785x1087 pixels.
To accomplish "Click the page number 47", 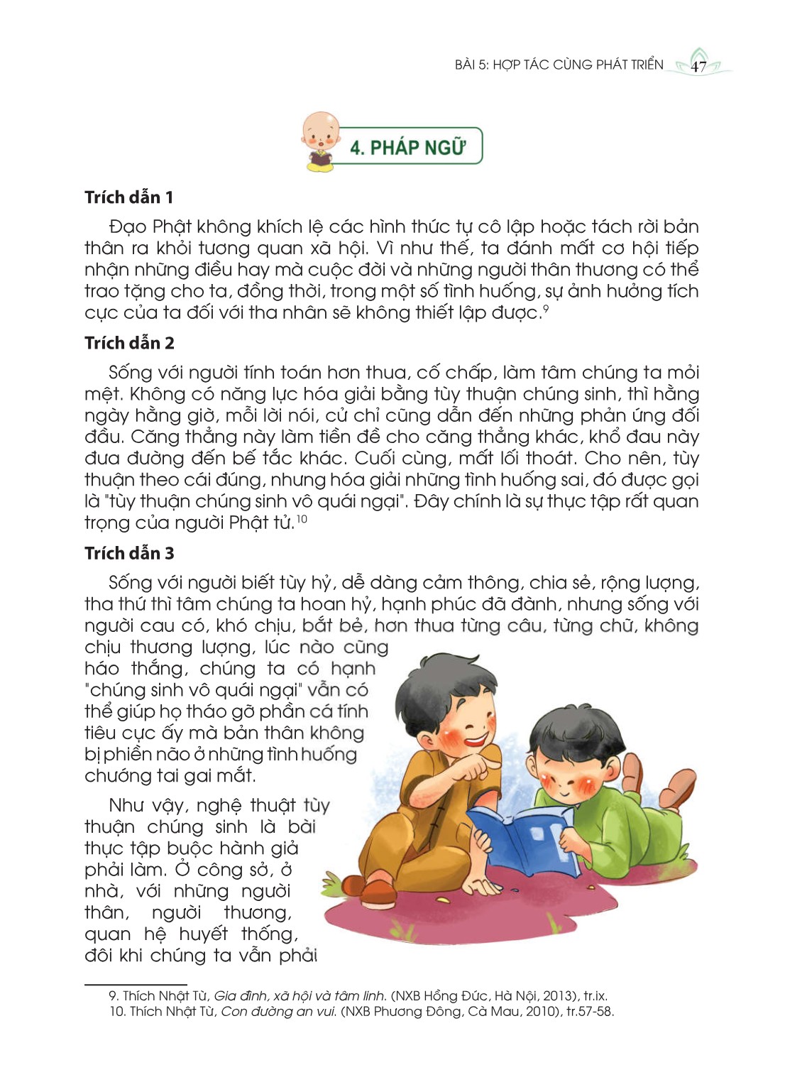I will (698, 67).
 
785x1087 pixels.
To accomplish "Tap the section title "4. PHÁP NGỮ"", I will (407, 147).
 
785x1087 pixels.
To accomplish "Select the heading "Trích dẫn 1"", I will (128, 197).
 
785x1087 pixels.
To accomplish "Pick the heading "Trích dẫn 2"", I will (129, 343).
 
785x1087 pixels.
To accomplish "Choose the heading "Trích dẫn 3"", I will (129, 553).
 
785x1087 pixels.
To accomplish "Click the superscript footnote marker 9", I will (546, 308).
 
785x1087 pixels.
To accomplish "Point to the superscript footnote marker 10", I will (302, 519).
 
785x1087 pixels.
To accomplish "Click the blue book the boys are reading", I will (522, 838).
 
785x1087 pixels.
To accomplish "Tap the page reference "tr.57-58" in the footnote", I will (590, 1012).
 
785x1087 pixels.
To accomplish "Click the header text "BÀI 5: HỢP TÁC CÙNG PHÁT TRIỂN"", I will (559, 65).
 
